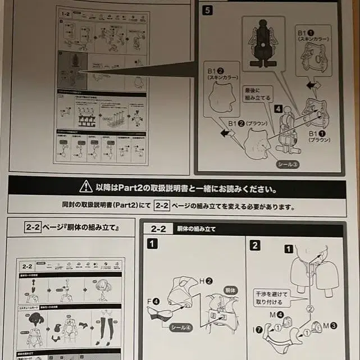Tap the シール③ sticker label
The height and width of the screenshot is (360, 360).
(x=288, y=164)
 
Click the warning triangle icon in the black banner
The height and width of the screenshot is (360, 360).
(x=85, y=186)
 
